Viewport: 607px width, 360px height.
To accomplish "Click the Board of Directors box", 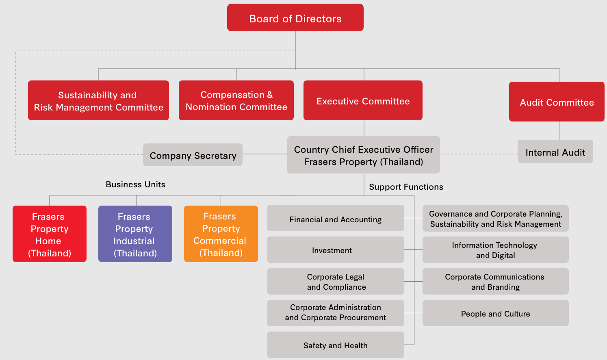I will pyautogui.click(x=295, y=18).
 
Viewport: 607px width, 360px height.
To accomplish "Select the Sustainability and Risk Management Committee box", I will pyautogui.click(x=98, y=101).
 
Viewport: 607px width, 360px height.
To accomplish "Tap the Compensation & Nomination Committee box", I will pyautogui.click(x=236, y=101).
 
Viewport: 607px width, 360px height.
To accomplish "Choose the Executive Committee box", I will pyautogui.click(x=363, y=101).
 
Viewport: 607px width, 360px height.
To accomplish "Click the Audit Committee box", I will pyautogui.click(x=557, y=102).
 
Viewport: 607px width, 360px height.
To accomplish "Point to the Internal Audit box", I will pyautogui.click(x=555, y=152).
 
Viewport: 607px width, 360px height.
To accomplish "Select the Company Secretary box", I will pyautogui.click(x=193, y=155).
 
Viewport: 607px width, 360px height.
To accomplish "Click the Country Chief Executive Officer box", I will pyautogui.click(x=363, y=155).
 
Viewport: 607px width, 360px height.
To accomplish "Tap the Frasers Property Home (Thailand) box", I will pyautogui.click(x=50, y=234).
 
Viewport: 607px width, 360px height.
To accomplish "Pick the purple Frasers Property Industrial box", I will pyautogui.click(x=135, y=234).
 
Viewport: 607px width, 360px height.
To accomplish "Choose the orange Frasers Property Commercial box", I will pyautogui.click(x=221, y=234).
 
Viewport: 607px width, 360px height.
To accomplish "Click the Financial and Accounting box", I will pyautogui.click(x=335, y=219).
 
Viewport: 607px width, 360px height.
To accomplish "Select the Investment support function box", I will pyautogui.click(x=335, y=250).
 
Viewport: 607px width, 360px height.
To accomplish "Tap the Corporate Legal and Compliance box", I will pyautogui.click(x=335, y=282).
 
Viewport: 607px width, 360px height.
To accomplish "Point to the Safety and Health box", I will pyautogui.click(x=335, y=345).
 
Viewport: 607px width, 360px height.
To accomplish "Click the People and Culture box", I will pyautogui.click(x=495, y=313).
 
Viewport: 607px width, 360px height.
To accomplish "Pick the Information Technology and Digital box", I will pyautogui.click(x=495, y=250).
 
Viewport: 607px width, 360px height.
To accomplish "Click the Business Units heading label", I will pyautogui.click(x=135, y=184).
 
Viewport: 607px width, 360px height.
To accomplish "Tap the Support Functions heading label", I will pyautogui.click(x=406, y=187).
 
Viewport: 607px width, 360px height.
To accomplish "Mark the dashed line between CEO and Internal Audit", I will pyautogui.click(x=479, y=154).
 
